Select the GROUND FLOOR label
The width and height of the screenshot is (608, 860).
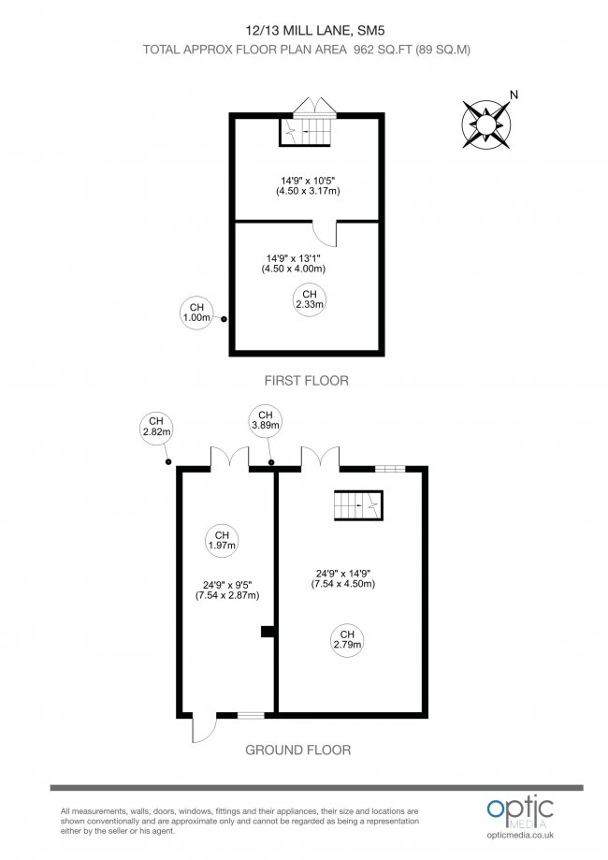(297, 750)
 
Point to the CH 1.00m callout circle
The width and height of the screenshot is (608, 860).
(196, 313)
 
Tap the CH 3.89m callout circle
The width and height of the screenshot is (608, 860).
(265, 420)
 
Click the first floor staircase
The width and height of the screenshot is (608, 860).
(307, 131)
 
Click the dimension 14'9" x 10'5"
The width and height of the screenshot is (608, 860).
(307, 186)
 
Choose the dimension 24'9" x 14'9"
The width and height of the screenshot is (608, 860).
(343, 578)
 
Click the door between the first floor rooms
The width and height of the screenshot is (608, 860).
(324, 232)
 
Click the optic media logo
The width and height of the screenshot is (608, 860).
(520, 811)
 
